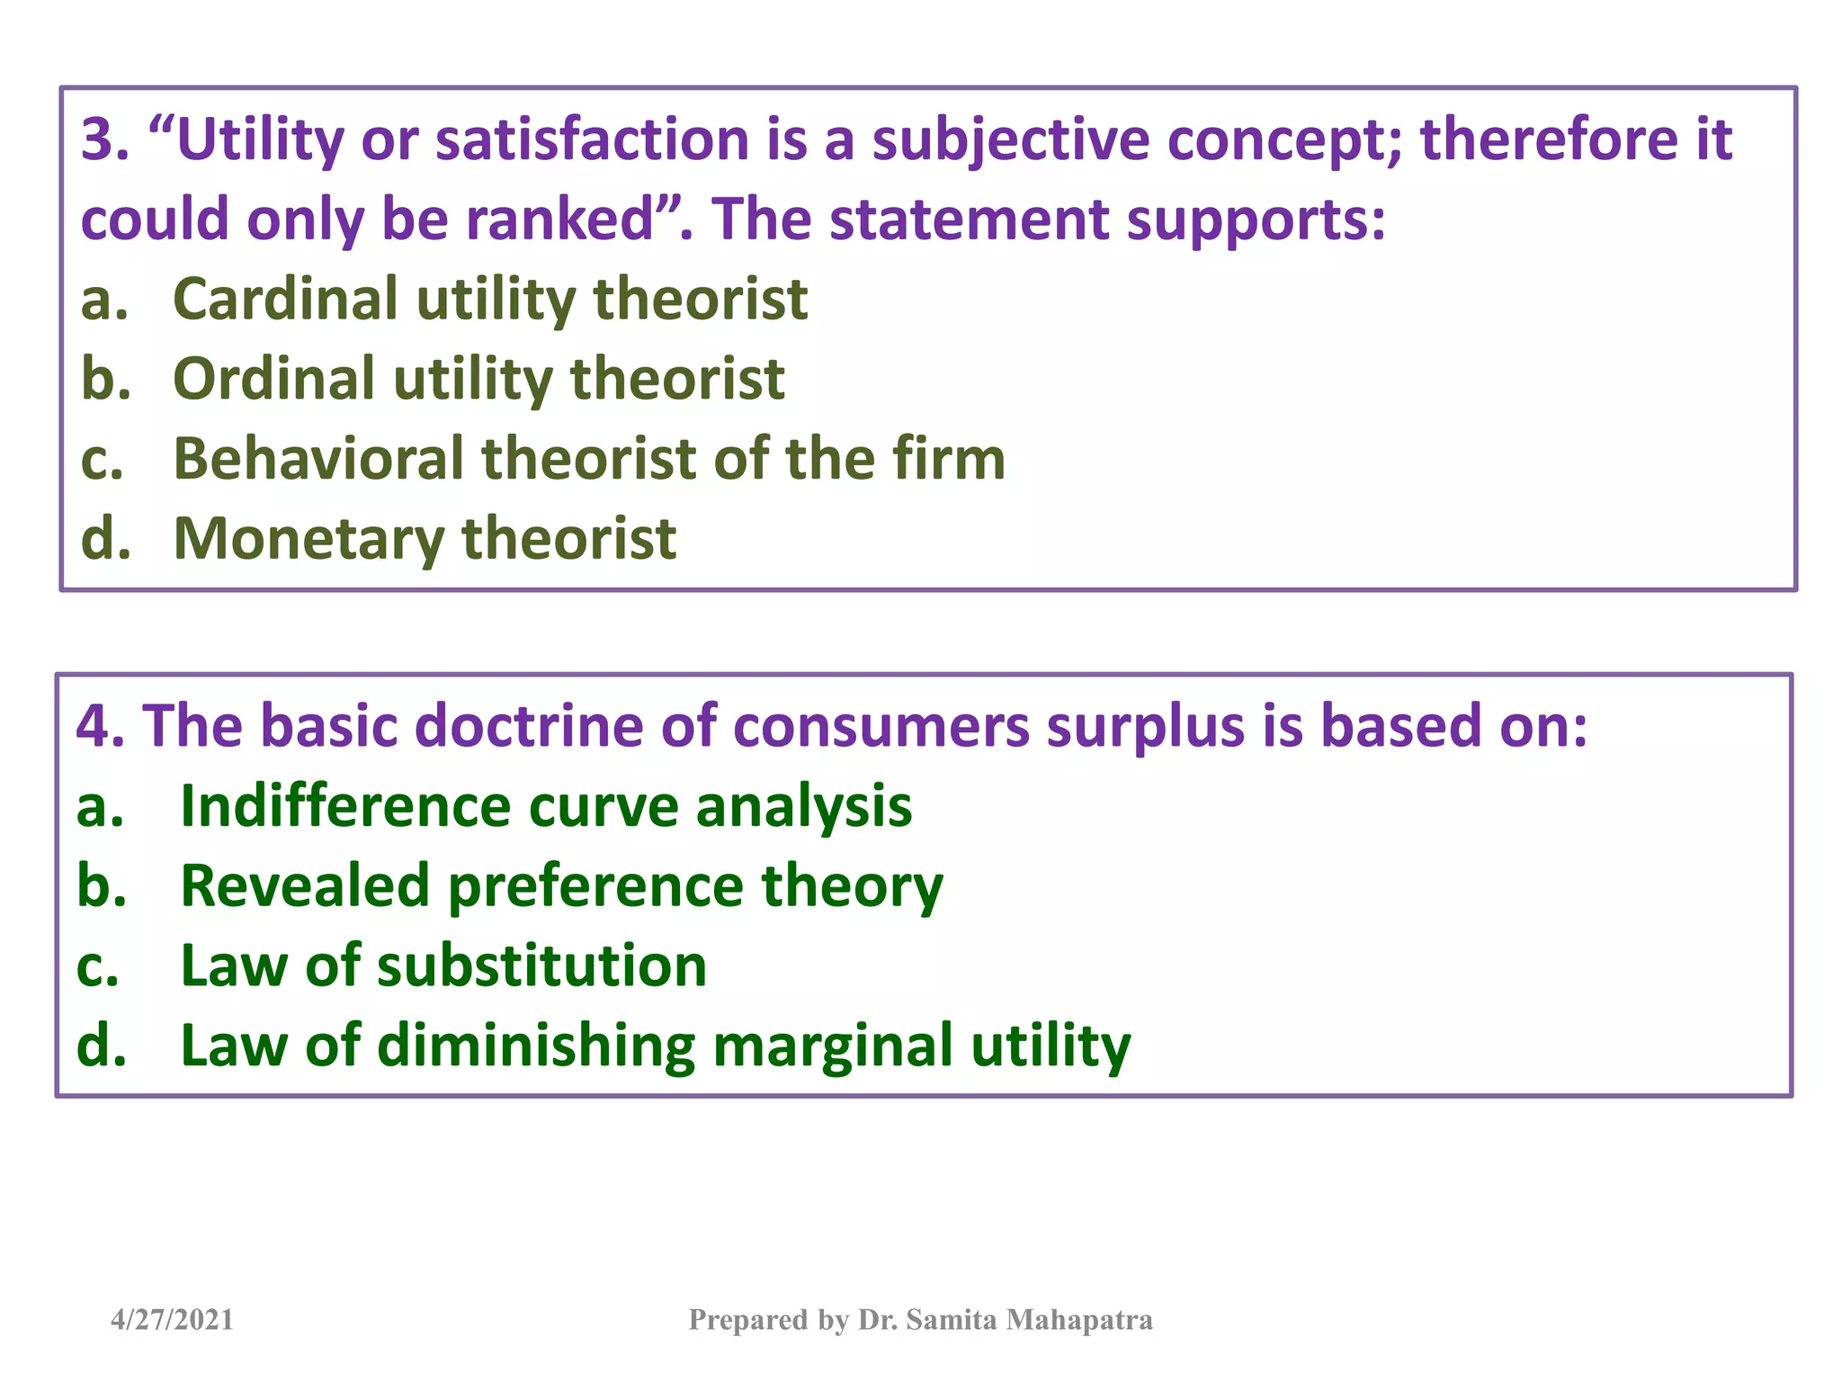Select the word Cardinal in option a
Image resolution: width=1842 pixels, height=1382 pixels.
284,299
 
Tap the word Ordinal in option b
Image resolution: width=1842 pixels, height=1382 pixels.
273,379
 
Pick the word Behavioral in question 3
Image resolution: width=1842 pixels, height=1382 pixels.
317,459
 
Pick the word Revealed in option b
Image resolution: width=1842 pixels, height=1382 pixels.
305,886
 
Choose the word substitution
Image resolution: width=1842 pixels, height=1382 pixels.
541,966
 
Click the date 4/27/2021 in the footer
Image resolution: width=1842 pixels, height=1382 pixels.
172,1320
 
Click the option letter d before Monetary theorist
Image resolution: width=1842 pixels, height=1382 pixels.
104,540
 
